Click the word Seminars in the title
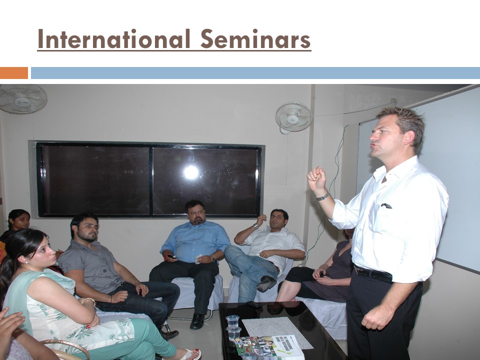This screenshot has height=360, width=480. tap(255, 39)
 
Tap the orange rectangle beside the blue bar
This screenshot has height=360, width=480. tap(14, 73)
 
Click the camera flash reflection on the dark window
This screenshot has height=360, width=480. tap(191, 172)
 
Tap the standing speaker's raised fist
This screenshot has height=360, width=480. tap(316, 179)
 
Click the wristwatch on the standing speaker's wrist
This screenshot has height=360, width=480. tap(323, 196)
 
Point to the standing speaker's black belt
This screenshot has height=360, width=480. tap(373, 273)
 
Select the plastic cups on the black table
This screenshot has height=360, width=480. tap(233, 327)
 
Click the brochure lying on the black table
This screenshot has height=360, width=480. tap(269, 347)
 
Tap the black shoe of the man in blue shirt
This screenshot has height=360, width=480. tap(197, 321)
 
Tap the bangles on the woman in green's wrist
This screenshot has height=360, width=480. tap(88, 301)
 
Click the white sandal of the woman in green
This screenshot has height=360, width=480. tap(190, 354)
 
